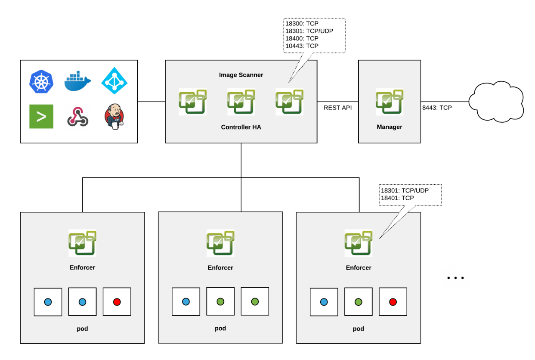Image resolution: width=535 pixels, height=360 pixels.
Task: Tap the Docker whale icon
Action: pos(77,81)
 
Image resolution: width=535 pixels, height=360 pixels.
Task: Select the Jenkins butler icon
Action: pos(114,117)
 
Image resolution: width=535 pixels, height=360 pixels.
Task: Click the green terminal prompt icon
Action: pos(41,116)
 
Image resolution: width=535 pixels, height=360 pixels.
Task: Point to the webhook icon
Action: pos(77,117)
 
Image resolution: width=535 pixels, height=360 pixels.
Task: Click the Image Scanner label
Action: pos(241,75)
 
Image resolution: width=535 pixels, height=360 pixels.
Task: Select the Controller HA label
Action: pos(241,127)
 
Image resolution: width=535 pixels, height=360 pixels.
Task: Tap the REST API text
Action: pos(337,108)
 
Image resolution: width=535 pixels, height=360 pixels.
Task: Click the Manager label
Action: pos(389,127)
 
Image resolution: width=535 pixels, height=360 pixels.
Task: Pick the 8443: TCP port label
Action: pos(437,108)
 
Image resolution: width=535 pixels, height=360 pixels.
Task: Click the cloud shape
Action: pos(496,102)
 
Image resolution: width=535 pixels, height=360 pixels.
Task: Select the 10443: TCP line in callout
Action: pos(302,46)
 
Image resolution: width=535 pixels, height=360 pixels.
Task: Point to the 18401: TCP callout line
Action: pos(397,198)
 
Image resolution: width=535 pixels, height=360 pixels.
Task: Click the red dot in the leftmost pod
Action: pos(117,302)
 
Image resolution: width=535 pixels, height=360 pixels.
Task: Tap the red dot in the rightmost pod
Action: pos(393,302)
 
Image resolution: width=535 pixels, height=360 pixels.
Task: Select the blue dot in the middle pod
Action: pos(186,302)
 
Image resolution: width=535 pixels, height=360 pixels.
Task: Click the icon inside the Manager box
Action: pos(389,102)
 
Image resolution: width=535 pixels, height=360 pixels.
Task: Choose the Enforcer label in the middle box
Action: pos(220,268)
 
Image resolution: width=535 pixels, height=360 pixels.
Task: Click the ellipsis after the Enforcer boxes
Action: pos(455,278)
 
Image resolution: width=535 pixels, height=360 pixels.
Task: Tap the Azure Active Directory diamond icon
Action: pos(114,81)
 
